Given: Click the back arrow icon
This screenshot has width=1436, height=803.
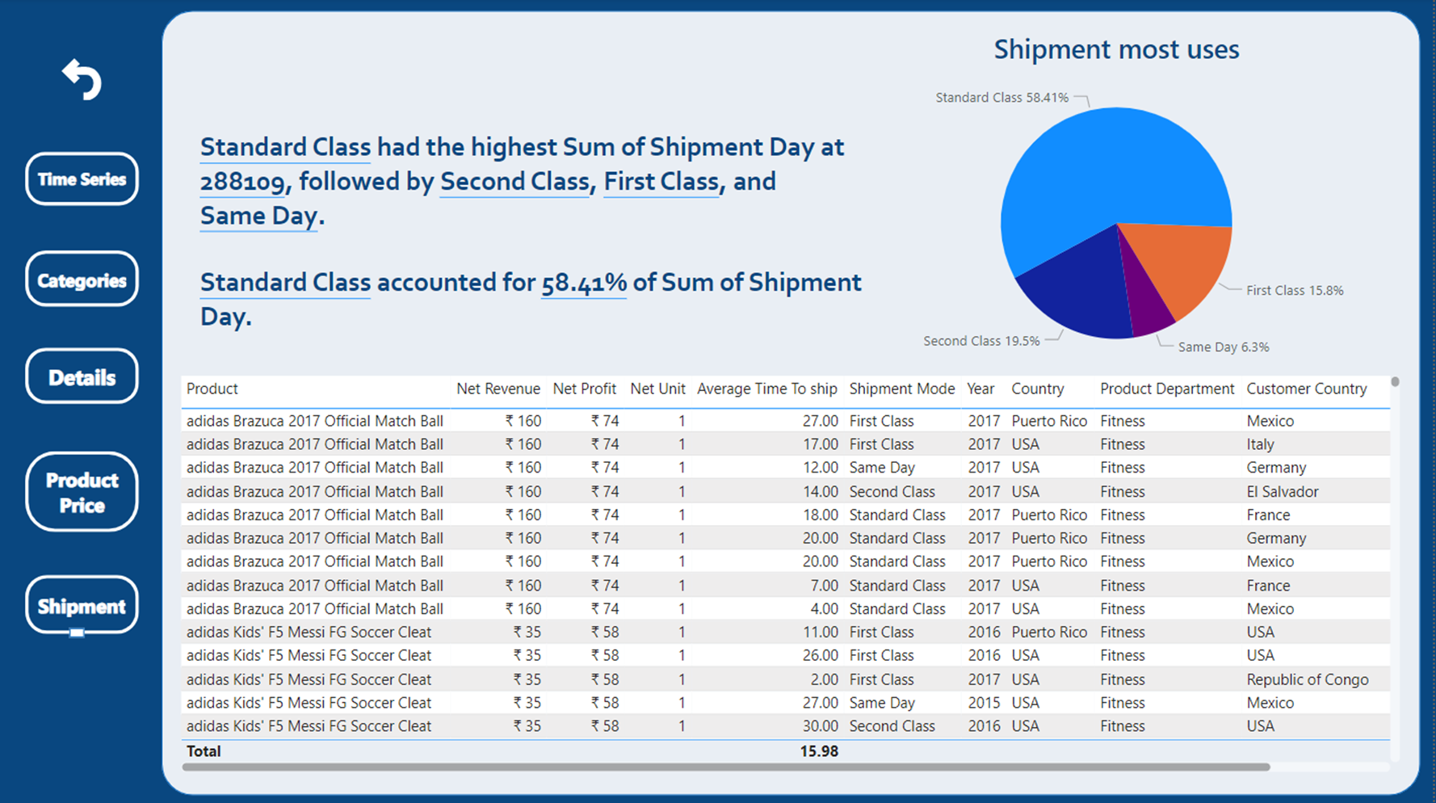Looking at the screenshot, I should click(82, 79).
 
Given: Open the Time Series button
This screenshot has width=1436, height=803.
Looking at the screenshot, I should click(82, 179).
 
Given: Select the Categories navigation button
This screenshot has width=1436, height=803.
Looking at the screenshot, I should click(82, 280).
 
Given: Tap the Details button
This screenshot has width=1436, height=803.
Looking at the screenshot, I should click(82, 376).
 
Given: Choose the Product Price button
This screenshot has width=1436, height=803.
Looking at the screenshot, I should click(82, 492).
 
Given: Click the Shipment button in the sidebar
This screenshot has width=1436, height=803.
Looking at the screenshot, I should click(82, 606).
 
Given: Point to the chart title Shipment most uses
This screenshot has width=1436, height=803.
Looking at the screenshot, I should click(1116, 49).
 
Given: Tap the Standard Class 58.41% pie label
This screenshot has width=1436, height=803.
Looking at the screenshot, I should click(1001, 98).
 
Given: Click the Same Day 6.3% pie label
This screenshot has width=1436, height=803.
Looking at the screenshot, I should click(1223, 347).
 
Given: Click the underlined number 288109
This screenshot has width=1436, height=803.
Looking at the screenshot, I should click(242, 182).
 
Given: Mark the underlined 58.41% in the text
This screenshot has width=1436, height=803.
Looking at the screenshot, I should click(583, 283).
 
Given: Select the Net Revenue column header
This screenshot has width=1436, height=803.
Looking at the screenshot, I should click(498, 389).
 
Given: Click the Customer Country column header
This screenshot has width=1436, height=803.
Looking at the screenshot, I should click(1306, 389).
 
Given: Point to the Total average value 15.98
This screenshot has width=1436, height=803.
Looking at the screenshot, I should click(818, 751).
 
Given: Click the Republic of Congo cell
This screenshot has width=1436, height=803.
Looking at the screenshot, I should click(1307, 679).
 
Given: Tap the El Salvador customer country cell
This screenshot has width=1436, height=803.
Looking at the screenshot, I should click(1282, 492).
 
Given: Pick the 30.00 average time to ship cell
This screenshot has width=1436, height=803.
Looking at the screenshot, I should click(820, 726).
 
